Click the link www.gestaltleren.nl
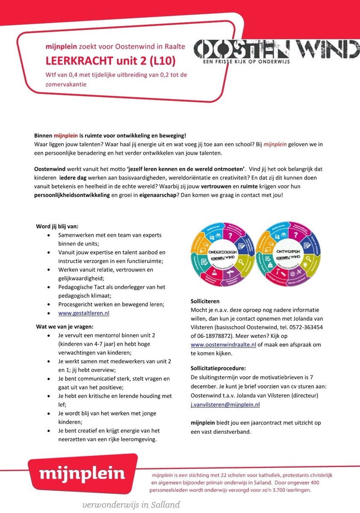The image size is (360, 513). (x=84, y=313)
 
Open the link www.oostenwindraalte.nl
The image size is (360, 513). (x=223, y=345)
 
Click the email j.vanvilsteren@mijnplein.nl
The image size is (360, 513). (x=225, y=404)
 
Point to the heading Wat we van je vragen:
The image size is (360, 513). (x=64, y=327)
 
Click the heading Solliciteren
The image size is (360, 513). (x=205, y=301)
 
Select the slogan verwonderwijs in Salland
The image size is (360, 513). (x=131, y=505)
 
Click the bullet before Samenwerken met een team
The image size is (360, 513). (x=50, y=235)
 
